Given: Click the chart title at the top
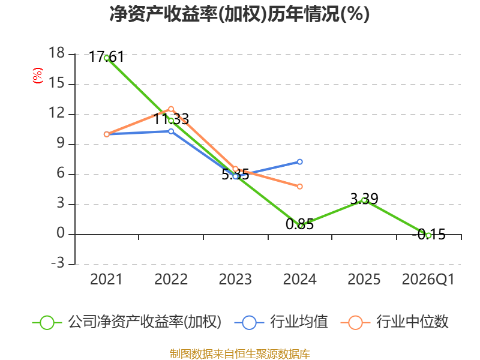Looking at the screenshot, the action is pyautogui.click(x=239, y=14).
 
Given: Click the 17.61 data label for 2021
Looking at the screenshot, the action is pyautogui.click(x=106, y=57).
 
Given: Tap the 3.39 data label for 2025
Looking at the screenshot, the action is pyautogui.click(x=364, y=199).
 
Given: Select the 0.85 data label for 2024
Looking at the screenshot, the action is pyautogui.click(x=299, y=224).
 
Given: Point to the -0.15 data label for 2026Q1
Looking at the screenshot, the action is pyautogui.click(x=428, y=235).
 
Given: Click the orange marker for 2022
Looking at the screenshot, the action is pyautogui.click(x=171, y=109).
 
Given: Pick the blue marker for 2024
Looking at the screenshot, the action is pyautogui.click(x=299, y=161).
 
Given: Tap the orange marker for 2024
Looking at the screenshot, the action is pyautogui.click(x=299, y=187).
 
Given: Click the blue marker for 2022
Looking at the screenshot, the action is pyautogui.click(x=171, y=131).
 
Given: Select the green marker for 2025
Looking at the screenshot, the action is pyautogui.click(x=364, y=200).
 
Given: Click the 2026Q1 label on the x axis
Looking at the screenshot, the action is pyautogui.click(x=428, y=279).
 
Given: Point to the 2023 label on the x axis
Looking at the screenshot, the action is pyautogui.click(x=235, y=279).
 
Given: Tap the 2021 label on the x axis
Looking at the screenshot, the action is pyautogui.click(x=106, y=279).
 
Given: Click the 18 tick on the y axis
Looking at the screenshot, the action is pyautogui.click(x=56, y=53).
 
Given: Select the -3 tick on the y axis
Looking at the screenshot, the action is pyautogui.click(x=58, y=263).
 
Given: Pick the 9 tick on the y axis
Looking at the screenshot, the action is pyautogui.click(x=61, y=143).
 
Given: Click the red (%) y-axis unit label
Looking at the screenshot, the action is pyautogui.click(x=38, y=76).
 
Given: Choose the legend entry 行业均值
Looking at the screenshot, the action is pyautogui.click(x=281, y=322).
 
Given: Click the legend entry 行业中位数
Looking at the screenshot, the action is pyautogui.click(x=394, y=322).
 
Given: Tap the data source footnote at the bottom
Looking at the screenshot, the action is pyautogui.click(x=239, y=354).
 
